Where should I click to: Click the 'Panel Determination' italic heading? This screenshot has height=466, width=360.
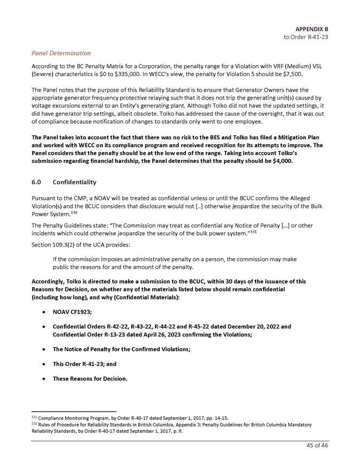coord(61,53)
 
